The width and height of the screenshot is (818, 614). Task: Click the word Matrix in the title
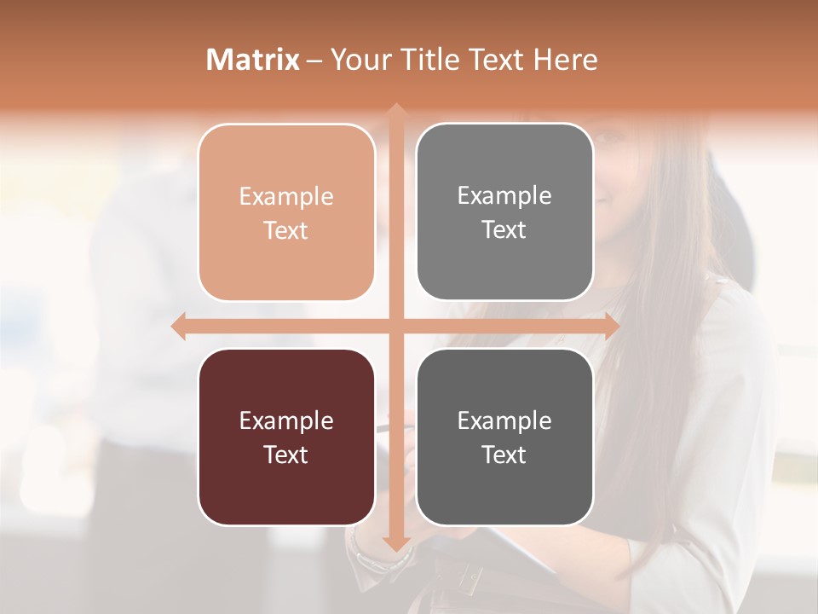(253, 60)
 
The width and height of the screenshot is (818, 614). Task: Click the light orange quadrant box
(286, 212)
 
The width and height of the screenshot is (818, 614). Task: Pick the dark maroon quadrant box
(286, 437)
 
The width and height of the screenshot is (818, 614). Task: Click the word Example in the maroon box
(286, 420)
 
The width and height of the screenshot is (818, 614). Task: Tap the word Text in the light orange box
(286, 230)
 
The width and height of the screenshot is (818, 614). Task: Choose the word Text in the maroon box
(286, 455)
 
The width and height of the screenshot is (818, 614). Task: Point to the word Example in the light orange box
(286, 196)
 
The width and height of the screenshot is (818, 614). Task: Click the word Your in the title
(359, 60)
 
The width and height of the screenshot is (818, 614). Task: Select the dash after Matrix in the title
(314, 61)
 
